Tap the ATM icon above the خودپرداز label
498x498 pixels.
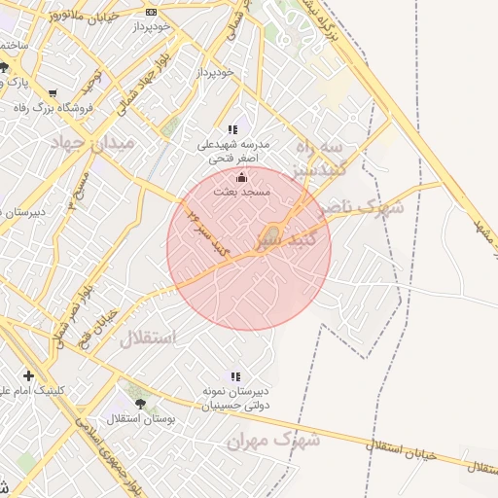(151, 12)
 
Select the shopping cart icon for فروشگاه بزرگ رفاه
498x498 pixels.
(52, 94)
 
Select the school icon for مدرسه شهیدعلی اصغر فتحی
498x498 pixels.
(232, 128)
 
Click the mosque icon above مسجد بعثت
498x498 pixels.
(241, 178)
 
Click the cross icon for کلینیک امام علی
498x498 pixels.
(28, 375)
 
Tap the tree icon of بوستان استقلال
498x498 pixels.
(140, 403)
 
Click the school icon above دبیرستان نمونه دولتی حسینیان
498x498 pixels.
(234, 375)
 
